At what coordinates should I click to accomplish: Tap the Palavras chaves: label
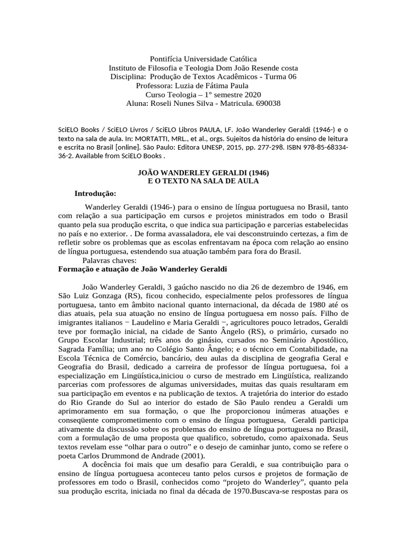110,260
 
